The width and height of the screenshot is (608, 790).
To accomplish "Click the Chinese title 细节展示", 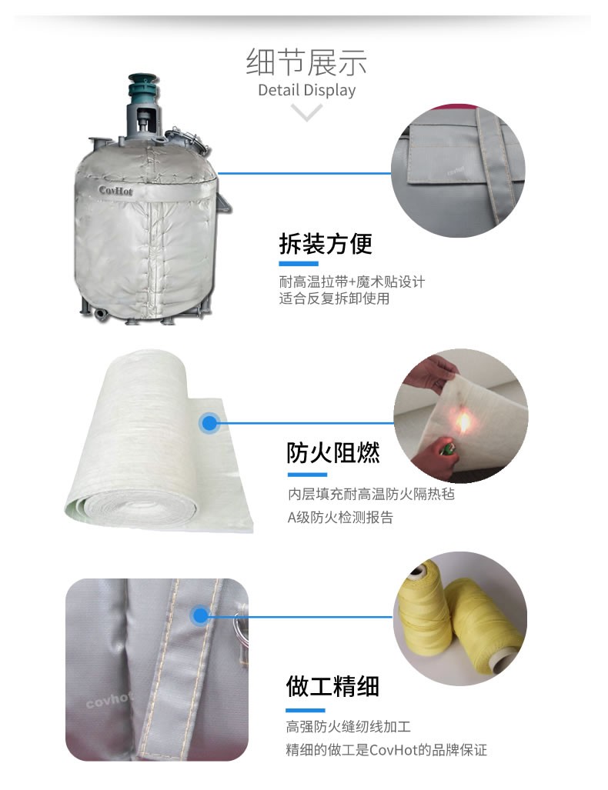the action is click(x=306, y=62).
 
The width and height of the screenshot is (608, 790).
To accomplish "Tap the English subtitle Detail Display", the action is click(x=306, y=90).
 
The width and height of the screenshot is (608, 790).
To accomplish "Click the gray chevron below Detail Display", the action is click(x=306, y=112).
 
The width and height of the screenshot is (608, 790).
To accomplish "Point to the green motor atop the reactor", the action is click(x=143, y=89).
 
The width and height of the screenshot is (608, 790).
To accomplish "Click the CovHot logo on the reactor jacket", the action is click(x=115, y=191).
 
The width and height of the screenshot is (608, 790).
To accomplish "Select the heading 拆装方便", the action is click(x=326, y=244).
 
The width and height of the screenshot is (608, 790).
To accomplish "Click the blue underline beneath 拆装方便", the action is click(x=299, y=264).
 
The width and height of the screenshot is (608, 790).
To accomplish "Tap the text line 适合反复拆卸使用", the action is click(x=334, y=298).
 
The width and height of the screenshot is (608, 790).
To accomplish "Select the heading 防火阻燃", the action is click(x=332, y=452).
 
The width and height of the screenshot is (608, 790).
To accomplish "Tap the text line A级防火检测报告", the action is click(x=340, y=517).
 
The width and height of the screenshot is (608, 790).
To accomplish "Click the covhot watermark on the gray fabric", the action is click(x=109, y=700).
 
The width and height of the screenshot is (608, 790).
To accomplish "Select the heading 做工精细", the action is click(x=332, y=686).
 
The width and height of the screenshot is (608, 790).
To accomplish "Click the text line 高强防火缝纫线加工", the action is click(x=349, y=726).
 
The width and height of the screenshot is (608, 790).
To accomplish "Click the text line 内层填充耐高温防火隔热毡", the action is click(x=372, y=494).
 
